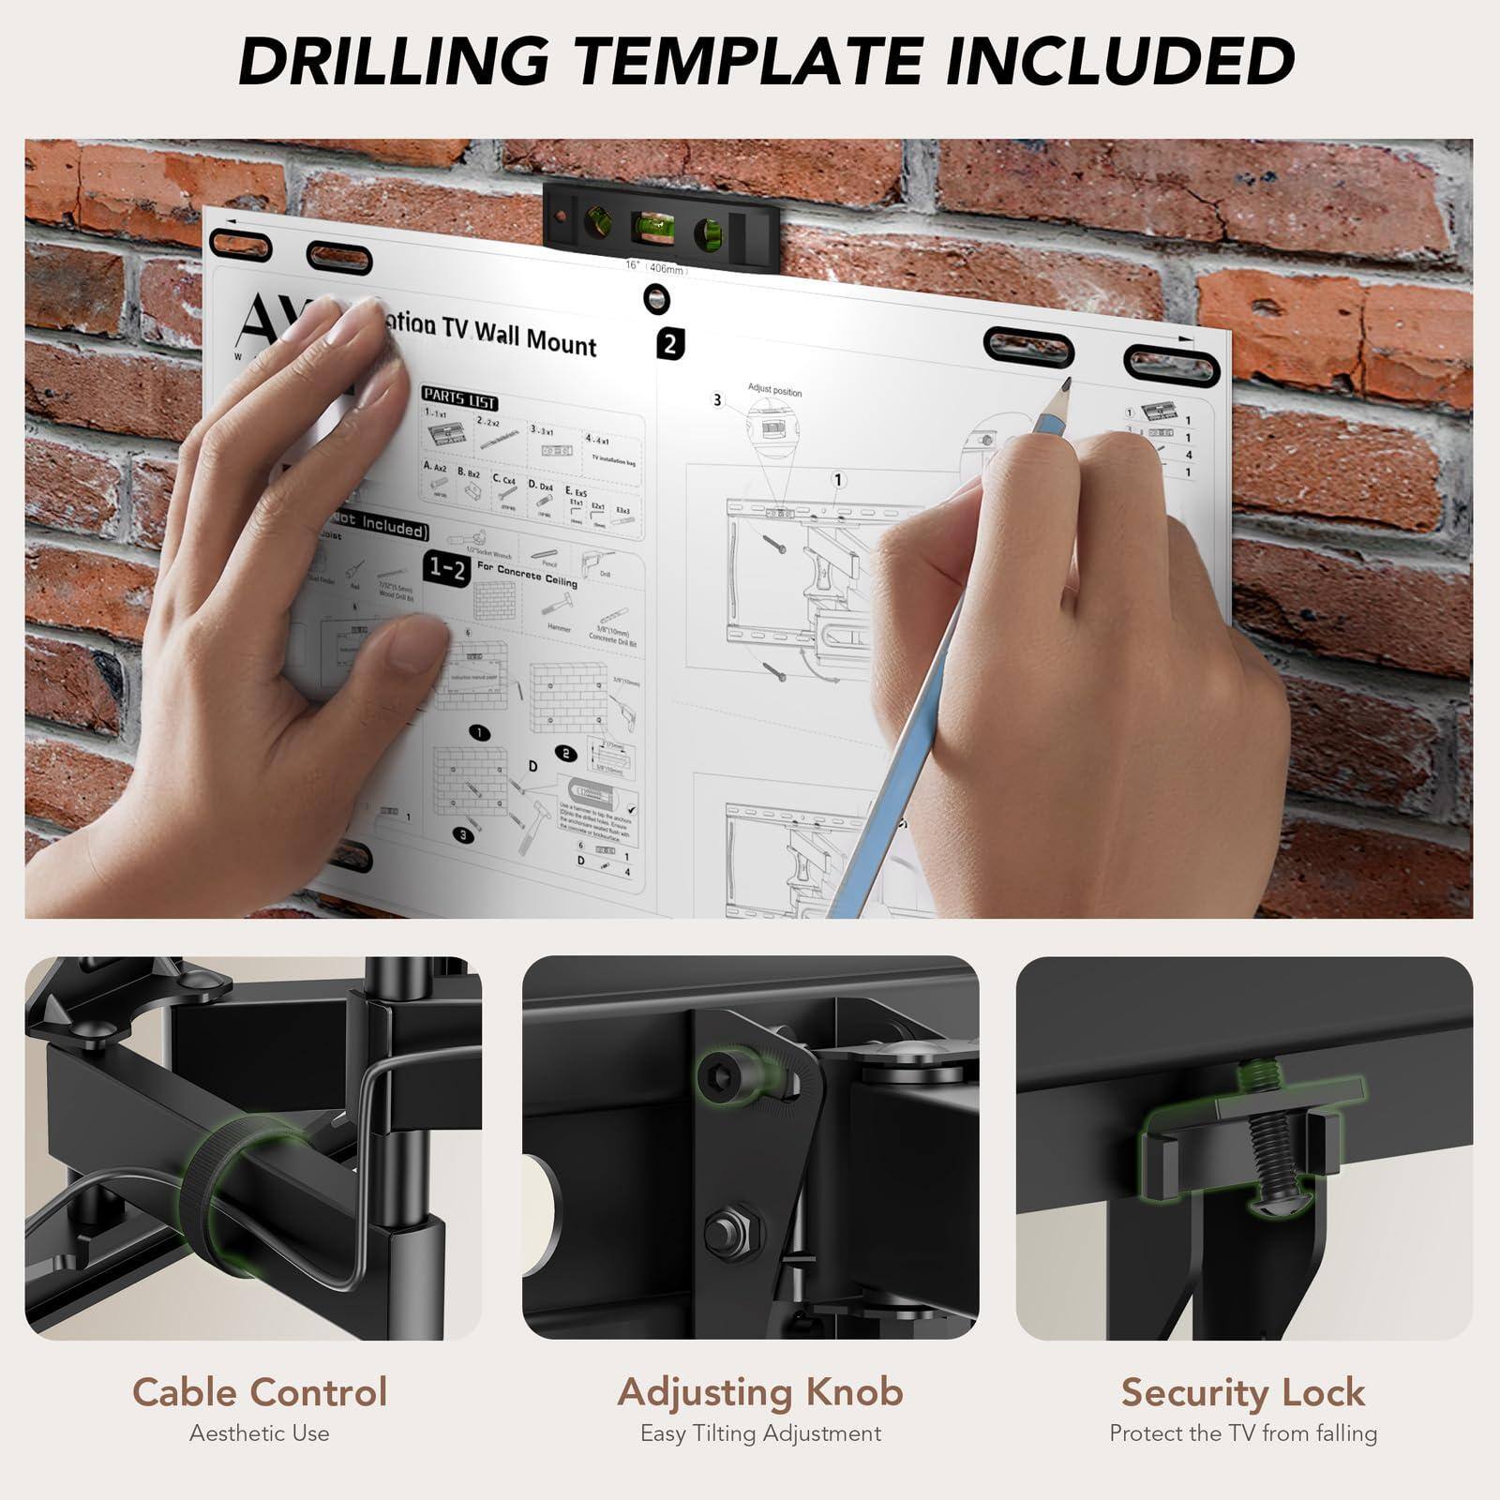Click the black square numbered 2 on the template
tap(669, 344)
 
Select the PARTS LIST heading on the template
tap(458, 398)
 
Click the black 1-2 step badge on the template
tap(447, 567)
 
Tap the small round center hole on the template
tap(655, 300)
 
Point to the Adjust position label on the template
tap(774, 390)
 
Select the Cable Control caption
tap(260, 1392)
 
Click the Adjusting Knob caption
tap(760, 1392)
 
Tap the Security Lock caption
tap(1242, 1392)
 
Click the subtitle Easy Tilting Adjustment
tap(760, 1433)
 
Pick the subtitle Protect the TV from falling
tap(1243, 1433)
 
